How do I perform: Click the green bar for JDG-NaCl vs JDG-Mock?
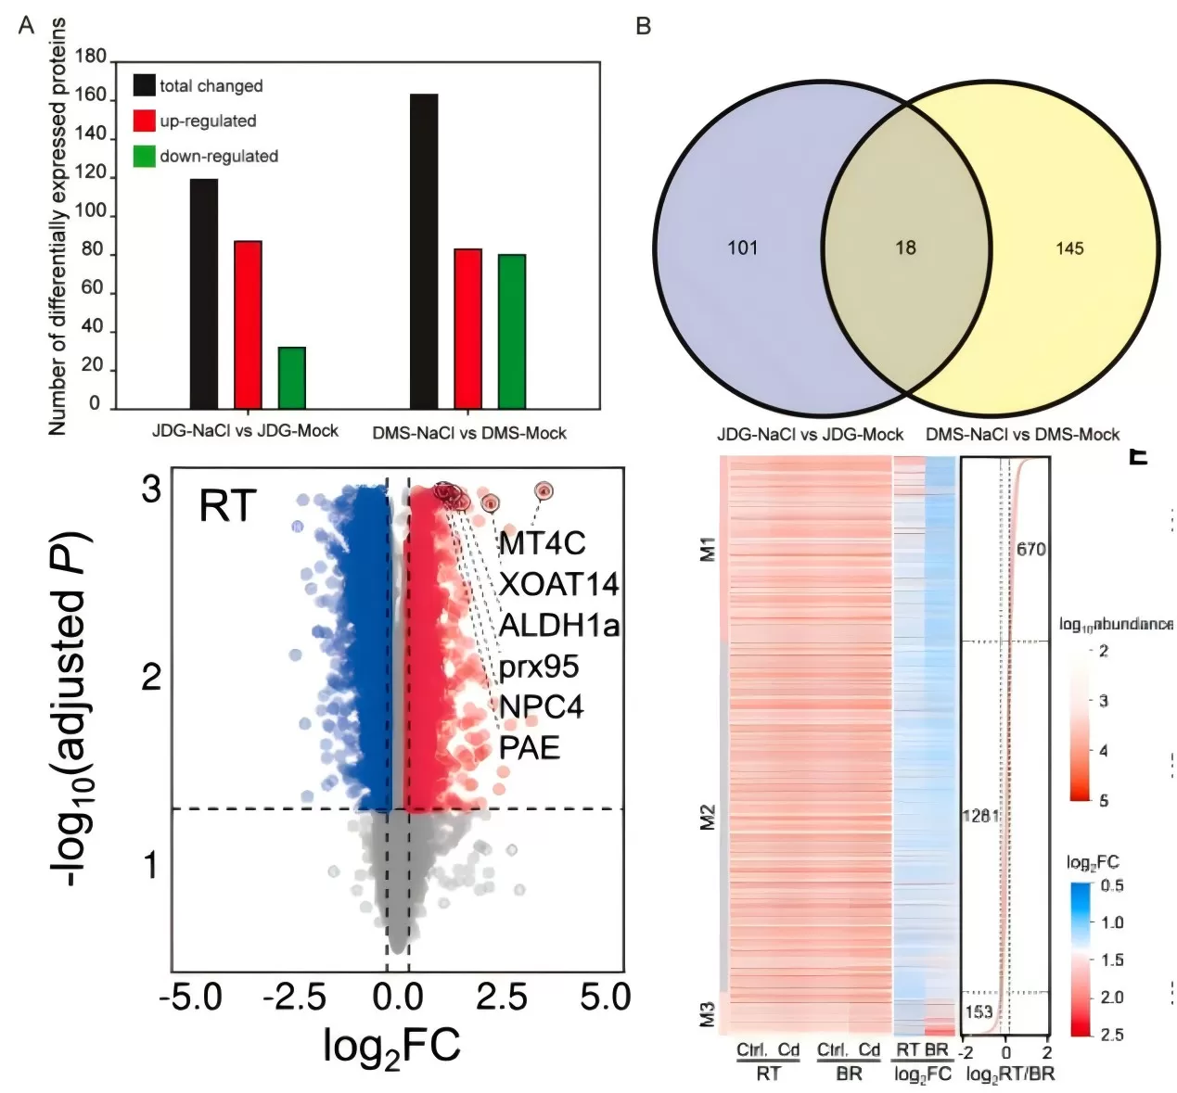point(291,377)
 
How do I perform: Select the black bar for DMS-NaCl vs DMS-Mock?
point(424,251)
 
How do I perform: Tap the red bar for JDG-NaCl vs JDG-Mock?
point(248,324)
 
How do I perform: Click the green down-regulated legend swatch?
point(144,156)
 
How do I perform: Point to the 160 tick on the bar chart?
point(91,95)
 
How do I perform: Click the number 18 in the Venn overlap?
point(905,248)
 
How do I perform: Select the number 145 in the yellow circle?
point(1069,248)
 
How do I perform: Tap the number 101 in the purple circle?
point(742,248)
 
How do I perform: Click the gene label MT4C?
point(542,543)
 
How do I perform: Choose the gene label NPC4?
point(541,706)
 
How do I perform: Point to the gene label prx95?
point(538,666)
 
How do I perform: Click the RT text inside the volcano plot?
point(227,507)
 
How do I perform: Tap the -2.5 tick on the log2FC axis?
point(293,998)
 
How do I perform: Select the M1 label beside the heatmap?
point(708,548)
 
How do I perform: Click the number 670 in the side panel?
point(1030,550)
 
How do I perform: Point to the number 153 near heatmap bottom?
point(978,1012)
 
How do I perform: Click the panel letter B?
point(644,26)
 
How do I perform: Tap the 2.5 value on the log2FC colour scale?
point(1111,1035)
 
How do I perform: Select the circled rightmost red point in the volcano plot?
point(544,490)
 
